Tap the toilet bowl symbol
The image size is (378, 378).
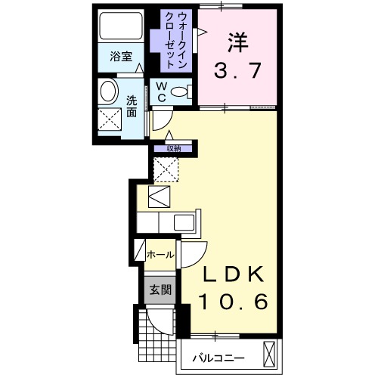click(x=180, y=92)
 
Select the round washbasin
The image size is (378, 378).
click(x=109, y=94)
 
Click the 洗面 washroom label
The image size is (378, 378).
click(x=132, y=105)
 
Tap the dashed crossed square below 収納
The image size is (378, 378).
click(x=167, y=169)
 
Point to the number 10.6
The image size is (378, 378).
click(x=234, y=302)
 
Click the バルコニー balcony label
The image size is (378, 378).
click(x=216, y=355)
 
